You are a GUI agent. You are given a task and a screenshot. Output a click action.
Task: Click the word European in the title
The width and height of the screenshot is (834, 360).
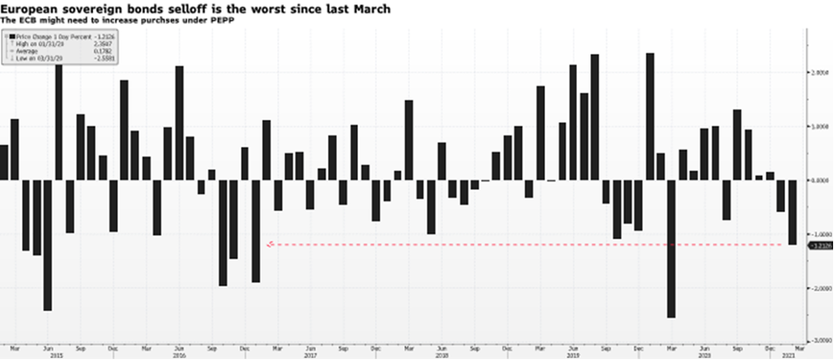point(32,7)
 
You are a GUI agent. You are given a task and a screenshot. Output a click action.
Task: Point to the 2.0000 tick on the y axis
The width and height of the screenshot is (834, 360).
point(819,72)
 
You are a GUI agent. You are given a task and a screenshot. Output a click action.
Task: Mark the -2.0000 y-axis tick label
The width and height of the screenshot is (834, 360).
point(819,289)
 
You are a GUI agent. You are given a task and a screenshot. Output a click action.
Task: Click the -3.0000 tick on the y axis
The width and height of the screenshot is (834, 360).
point(819,343)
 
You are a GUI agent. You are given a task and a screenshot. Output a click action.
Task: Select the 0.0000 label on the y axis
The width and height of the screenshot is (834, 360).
point(819,181)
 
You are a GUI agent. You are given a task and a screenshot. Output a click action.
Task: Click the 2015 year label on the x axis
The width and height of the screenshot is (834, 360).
point(56,355)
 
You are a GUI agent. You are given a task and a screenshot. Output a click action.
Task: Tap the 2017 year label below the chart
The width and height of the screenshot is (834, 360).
point(310,355)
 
